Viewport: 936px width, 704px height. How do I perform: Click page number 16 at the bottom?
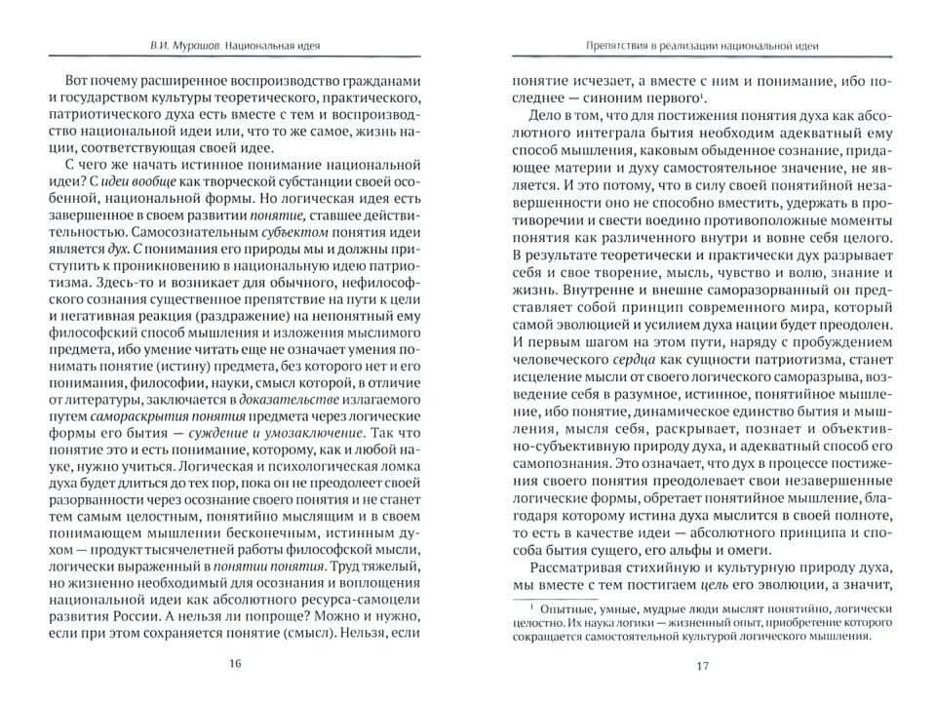(x=234, y=665)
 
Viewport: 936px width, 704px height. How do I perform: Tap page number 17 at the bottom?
(x=701, y=667)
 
